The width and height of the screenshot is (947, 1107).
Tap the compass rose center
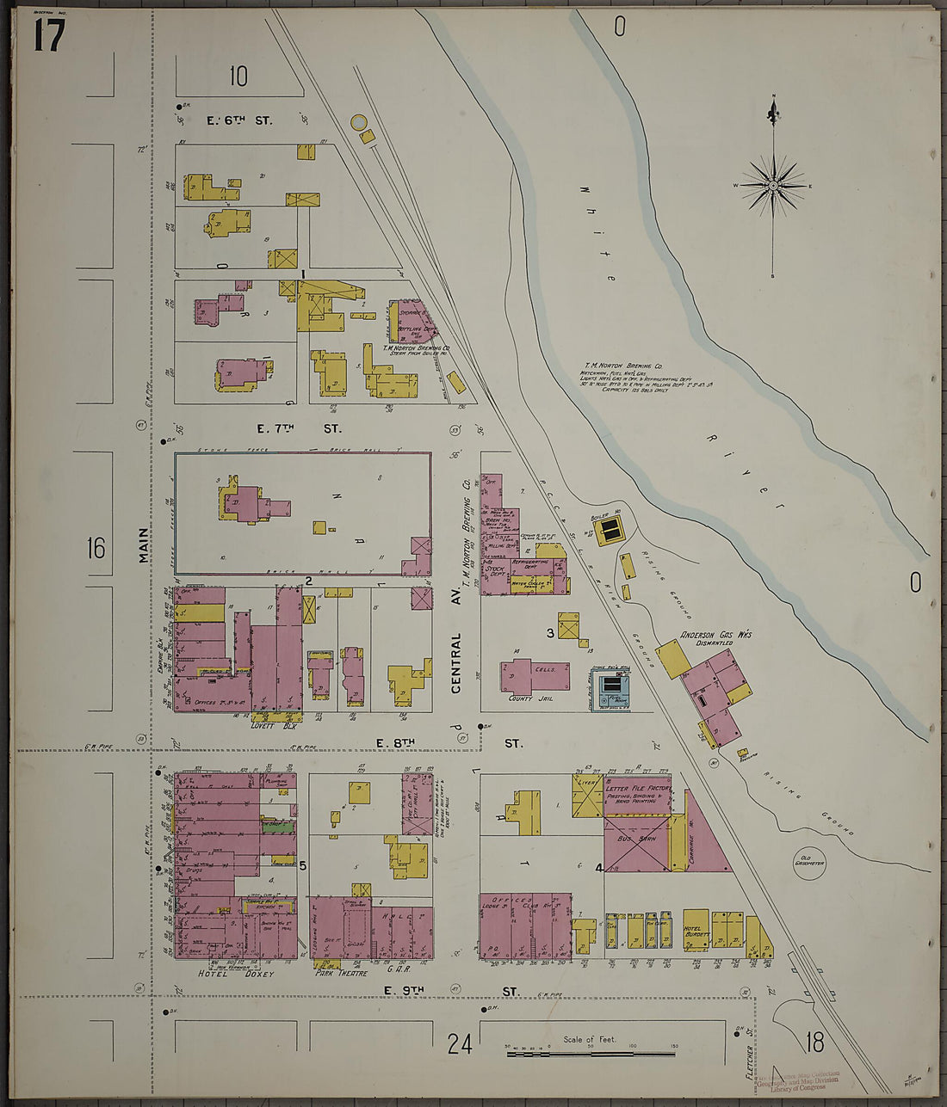click(773, 186)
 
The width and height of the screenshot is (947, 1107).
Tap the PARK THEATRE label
click(341, 974)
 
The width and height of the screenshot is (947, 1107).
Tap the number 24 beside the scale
click(460, 1045)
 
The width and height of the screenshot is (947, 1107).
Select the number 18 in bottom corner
click(814, 1043)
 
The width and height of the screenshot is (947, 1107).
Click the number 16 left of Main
click(95, 547)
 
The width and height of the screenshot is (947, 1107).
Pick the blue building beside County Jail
click(611, 687)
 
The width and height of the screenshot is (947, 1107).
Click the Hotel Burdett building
click(696, 930)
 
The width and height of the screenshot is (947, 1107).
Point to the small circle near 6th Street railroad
click(358, 122)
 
